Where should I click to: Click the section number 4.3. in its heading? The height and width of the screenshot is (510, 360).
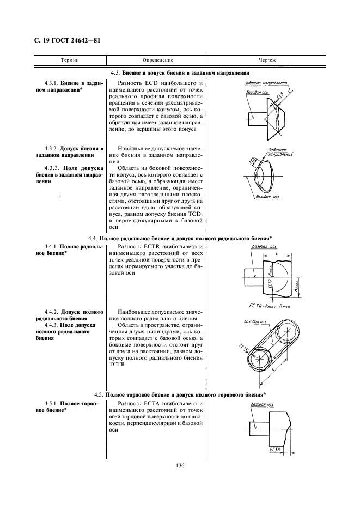click(115, 72)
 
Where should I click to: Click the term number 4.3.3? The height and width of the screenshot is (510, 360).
click(52, 168)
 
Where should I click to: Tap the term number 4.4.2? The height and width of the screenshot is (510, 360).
click(52, 312)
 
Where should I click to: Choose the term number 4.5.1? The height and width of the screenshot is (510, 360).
click(52, 403)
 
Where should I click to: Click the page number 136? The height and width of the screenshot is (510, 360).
click(180, 465)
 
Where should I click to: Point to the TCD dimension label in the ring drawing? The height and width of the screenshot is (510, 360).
click(252, 161)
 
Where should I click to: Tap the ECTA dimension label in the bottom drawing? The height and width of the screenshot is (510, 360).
click(274, 450)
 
